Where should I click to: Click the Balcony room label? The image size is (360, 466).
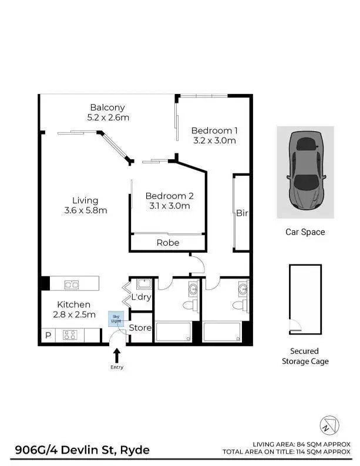(107, 108)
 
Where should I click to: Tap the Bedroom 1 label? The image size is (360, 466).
(214, 130)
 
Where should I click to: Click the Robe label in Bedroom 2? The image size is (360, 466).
(167, 242)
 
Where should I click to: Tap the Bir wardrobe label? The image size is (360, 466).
(242, 213)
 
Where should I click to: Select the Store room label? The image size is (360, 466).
(140, 328)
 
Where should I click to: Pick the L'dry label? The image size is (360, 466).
(141, 297)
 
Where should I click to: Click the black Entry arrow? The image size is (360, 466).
(116, 355)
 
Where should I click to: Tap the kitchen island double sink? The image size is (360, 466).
(72, 284)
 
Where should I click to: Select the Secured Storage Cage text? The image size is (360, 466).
(305, 356)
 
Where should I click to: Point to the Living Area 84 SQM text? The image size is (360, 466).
(301, 444)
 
